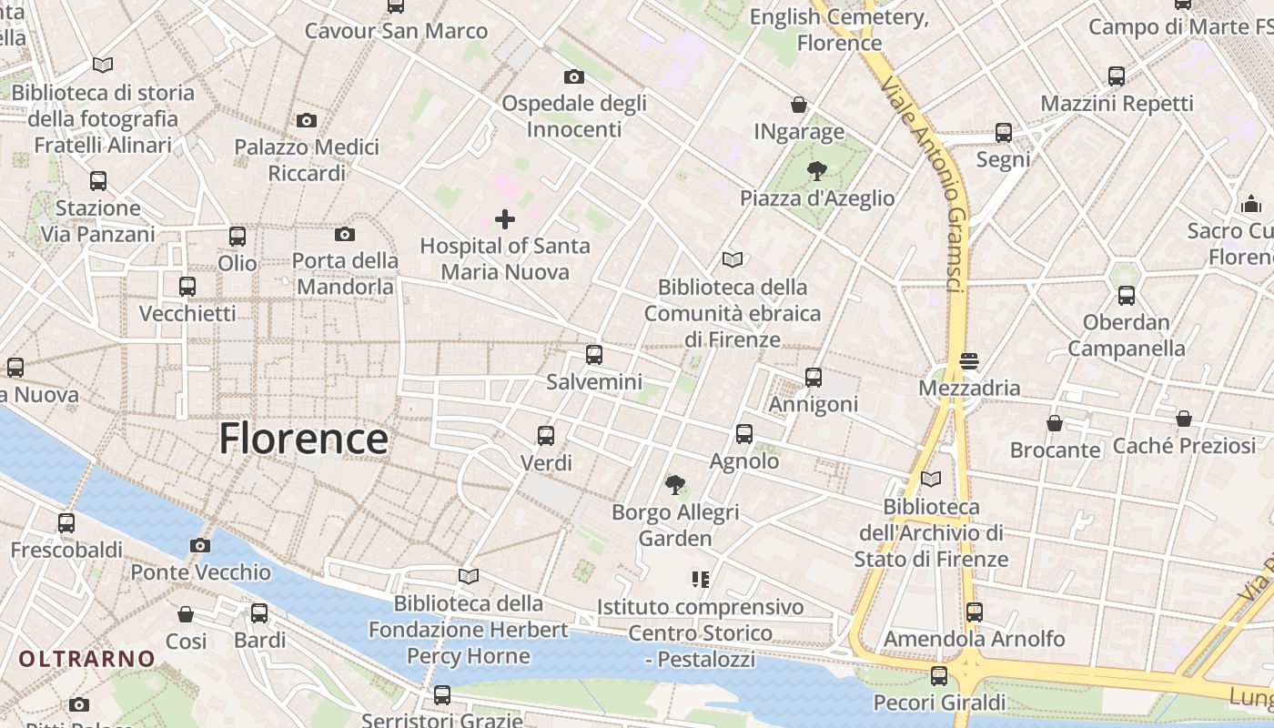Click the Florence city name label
pos(303,439)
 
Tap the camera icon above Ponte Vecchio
pos(200,546)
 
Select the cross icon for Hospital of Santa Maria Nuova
pos(505,219)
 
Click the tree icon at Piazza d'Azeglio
pos(817,171)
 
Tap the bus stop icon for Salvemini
pos(594,355)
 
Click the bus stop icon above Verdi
pos(546,436)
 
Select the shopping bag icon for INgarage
pos(799,106)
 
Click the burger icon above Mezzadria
pos(969,361)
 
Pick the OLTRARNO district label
pos(87,658)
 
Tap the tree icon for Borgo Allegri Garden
pos(674,485)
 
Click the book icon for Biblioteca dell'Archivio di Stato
pos(931,480)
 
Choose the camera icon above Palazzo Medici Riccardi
pos(307,120)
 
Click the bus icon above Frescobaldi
pos(66,523)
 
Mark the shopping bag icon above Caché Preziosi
pos(1183,420)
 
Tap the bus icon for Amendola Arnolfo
pos(975,612)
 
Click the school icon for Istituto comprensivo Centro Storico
pos(701,580)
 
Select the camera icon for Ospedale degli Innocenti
pos(574,76)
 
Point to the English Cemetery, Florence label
pos(839,30)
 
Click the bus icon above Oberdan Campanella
pos(1127,296)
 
